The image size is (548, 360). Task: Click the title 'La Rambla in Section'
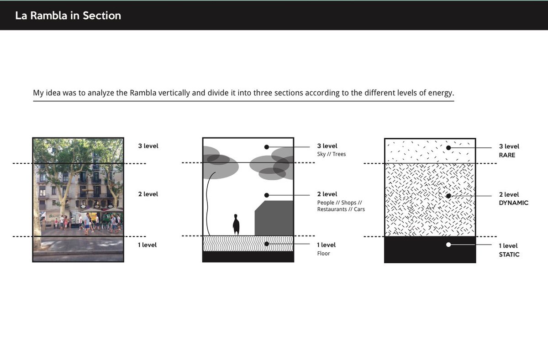(x=68, y=16)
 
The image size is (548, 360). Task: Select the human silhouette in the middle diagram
(x=236, y=224)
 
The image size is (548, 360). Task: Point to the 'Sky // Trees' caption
(x=332, y=154)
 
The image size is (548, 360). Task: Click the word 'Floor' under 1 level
(x=323, y=253)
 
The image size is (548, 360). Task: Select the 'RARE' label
(x=507, y=155)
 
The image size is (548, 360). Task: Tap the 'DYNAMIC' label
(x=513, y=203)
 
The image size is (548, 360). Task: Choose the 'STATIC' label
(x=509, y=255)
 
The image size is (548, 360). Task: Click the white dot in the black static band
(x=448, y=245)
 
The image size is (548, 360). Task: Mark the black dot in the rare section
(x=448, y=147)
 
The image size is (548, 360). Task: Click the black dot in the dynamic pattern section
(x=448, y=196)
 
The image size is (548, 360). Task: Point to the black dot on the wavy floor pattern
(x=266, y=244)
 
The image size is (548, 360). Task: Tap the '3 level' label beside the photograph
(x=148, y=146)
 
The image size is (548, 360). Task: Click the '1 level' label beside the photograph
(x=148, y=245)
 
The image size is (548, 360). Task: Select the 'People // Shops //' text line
(x=339, y=202)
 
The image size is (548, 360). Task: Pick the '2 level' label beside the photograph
(x=148, y=194)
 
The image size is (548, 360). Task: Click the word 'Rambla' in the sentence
(x=143, y=93)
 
